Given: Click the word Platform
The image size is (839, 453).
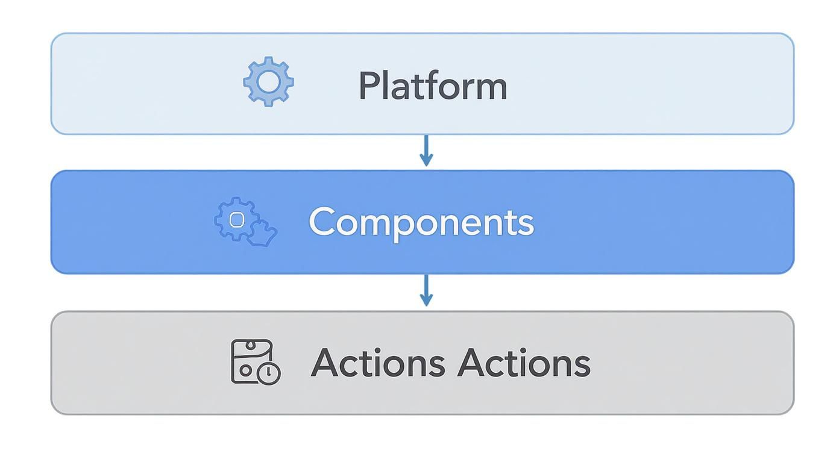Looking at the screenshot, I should [x=432, y=86].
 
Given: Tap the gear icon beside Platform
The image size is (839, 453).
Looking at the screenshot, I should [x=268, y=82].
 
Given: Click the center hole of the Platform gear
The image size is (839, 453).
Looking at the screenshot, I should [x=268, y=82].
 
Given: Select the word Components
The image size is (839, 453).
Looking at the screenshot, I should [x=421, y=222].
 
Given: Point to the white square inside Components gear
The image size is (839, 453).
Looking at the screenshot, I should [x=237, y=219].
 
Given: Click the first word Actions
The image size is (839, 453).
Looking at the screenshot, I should [x=377, y=363].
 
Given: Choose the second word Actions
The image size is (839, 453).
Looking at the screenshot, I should [x=523, y=363].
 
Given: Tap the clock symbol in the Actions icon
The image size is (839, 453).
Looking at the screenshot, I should [x=269, y=373].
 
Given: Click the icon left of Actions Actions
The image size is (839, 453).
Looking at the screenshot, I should [x=256, y=361].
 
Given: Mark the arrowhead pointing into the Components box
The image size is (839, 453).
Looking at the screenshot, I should [x=426, y=161].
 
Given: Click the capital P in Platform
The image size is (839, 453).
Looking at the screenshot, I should [x=369, y=86].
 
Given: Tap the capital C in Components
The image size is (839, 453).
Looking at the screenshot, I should [x=322, y=221].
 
